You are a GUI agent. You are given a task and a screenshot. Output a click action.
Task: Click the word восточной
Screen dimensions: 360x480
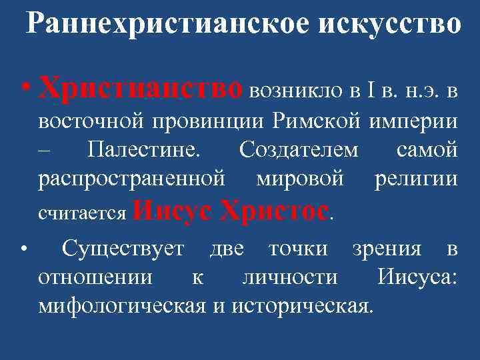90,123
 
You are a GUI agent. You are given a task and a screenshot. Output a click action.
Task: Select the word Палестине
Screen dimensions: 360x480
143,151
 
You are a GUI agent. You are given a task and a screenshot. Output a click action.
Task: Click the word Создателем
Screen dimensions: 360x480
298,151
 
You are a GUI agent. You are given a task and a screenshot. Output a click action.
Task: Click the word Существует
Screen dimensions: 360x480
123,250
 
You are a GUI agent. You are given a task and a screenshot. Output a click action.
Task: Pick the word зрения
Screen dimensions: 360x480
388,250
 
